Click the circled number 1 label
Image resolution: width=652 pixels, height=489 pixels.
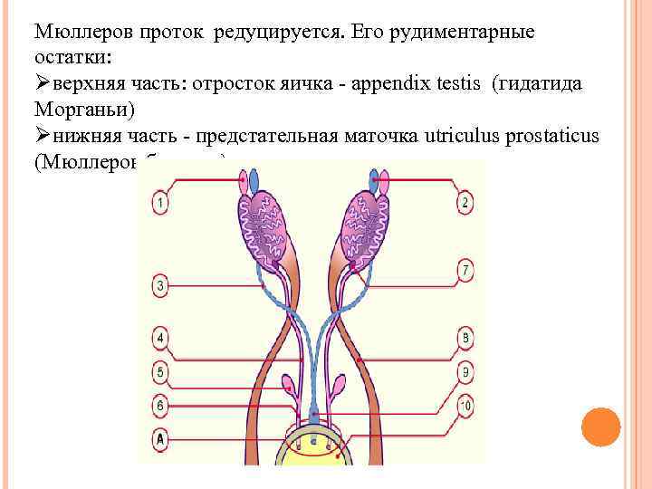pyautogui.click(x=159, y=203)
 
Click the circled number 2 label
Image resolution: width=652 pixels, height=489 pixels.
pyautogui.click(x=465, y=203)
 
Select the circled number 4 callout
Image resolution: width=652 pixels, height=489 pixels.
pyautogui.click(x=159, y=340)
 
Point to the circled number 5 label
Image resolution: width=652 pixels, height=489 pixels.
pyautogui.click(x=159, y=370)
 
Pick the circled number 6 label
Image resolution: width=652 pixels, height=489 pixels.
pyautogui.click(x=159, y=407)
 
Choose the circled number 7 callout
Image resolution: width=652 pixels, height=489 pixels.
pyautogui.click(x=465, y=269)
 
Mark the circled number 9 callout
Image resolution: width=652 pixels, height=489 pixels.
pyautogui.click(x=465, y=371)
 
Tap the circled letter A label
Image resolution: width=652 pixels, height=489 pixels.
pyautogui.click(x=159, y=438)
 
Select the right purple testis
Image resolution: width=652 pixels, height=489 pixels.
pyautogui.click(x=362, y=231)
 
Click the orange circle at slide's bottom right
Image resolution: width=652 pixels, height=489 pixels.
pyautogui.click(x=599, y=427)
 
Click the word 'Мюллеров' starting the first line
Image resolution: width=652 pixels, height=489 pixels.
pyautogui.click(x=82, y=33)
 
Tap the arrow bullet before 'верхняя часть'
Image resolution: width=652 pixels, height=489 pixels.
pyautogui.click(x=43, y=84)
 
